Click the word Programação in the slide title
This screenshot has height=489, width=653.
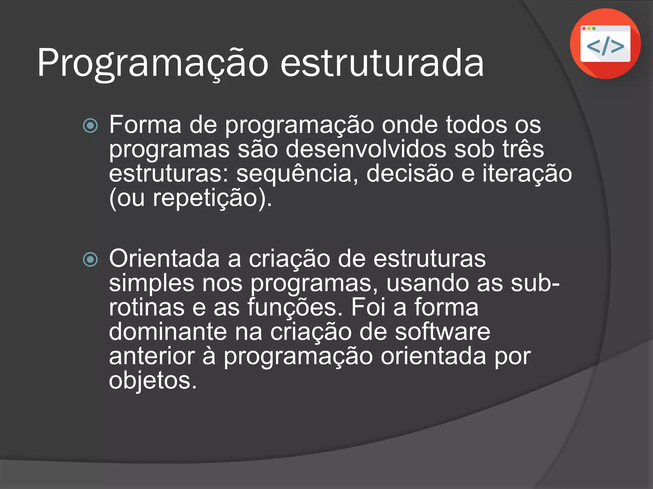click(153, 63)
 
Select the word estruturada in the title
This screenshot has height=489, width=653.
click(382, 63)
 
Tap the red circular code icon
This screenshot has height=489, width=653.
click(605, 44)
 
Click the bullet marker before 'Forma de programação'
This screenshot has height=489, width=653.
click(90, 125)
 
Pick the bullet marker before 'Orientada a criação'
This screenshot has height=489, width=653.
click(90, 259)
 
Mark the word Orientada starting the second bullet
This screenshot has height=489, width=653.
click(164, 259)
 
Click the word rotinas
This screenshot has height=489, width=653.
click(147, 308)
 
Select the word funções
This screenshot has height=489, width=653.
click(295, 308)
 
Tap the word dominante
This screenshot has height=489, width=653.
click(168, 332)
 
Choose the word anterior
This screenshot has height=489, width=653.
click(152, 356)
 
